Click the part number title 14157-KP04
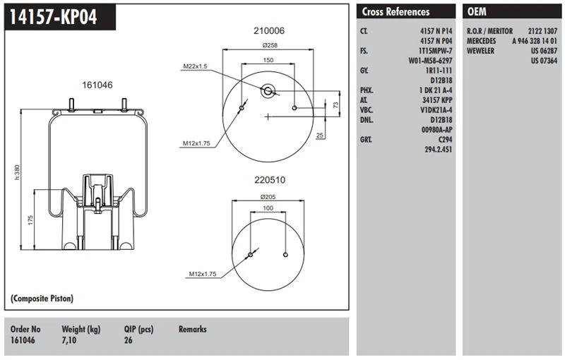click(52, 17)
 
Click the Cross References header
click(395, 12)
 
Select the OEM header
click(477, 12)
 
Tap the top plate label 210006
click(268, 30)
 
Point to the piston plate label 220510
click(268, 179)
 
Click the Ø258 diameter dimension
click(268, 45)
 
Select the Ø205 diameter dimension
click(268, 196)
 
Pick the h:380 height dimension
click(17, 172)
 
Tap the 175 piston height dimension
click(30, 220)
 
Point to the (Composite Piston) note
click(42, 299)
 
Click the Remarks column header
click(193, 329)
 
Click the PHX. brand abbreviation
click(367, 90)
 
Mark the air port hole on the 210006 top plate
click(268, 90)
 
